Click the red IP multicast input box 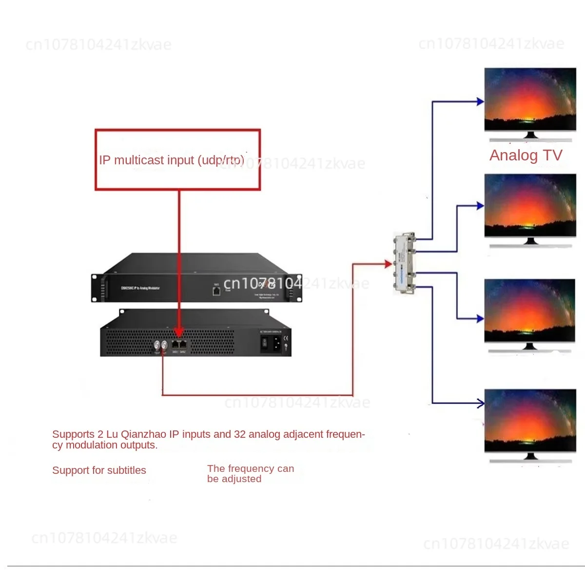[177, 159]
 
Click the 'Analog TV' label [526, 155]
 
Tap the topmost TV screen [530, 99]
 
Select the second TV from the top [530, 206]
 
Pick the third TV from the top [530, 310]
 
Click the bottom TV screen [530, 420]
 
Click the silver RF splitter [405, 263]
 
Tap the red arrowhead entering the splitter [389, 264]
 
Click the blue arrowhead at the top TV [480, 102]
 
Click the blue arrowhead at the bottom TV [481, 403]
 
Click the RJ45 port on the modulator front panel [216, 291]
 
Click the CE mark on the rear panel [286, 338]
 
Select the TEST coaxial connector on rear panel [157, 345]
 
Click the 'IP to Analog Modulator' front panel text [140, 288]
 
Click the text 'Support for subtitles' [99, 470]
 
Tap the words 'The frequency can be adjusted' [250, 473]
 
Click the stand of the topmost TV [530, 135]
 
